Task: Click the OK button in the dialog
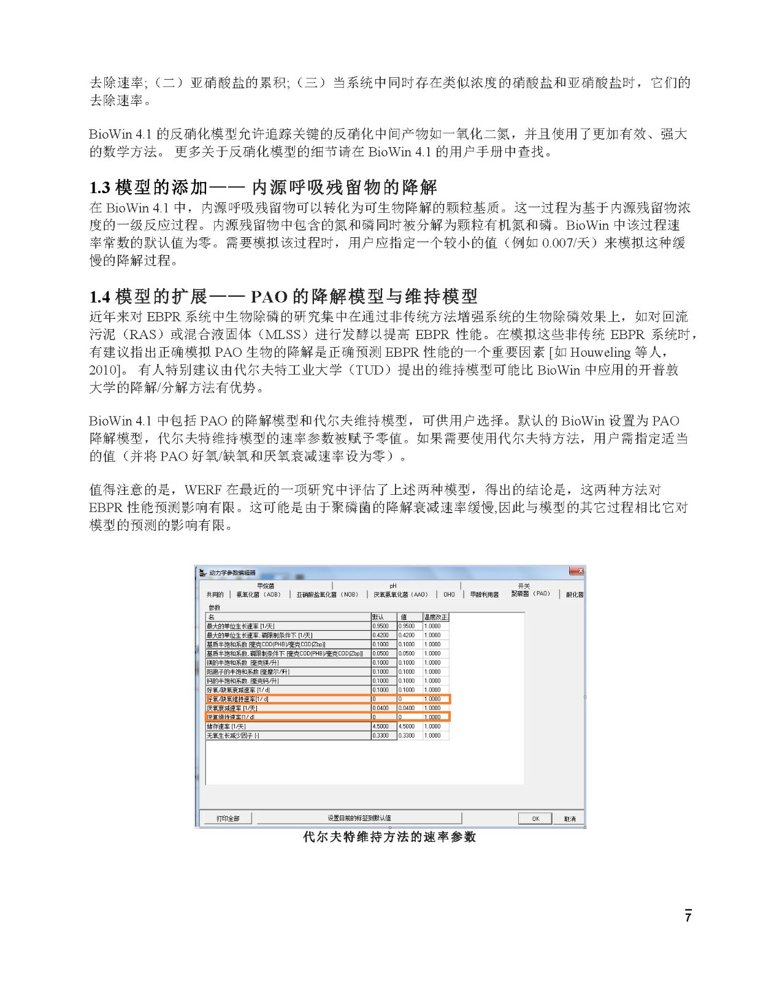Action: point(535,819)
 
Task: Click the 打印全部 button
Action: point(228,819)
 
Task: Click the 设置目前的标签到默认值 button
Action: point(359,818)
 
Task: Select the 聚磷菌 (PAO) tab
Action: point(530,594)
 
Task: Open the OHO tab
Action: point(449,594)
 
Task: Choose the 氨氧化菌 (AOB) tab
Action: point(258,594)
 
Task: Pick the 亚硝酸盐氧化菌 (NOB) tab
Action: point(327,594)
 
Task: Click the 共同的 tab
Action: point(215,594)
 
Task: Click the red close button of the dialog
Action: point(576,571)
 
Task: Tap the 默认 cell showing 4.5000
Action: point(380,727)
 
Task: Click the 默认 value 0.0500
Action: point(380,654)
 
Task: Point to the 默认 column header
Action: point(378,617)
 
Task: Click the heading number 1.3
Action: point(100,188)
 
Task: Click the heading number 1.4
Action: point(100,297)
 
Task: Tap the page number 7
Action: point(688,917)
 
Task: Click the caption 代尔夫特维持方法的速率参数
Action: point(389,837)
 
